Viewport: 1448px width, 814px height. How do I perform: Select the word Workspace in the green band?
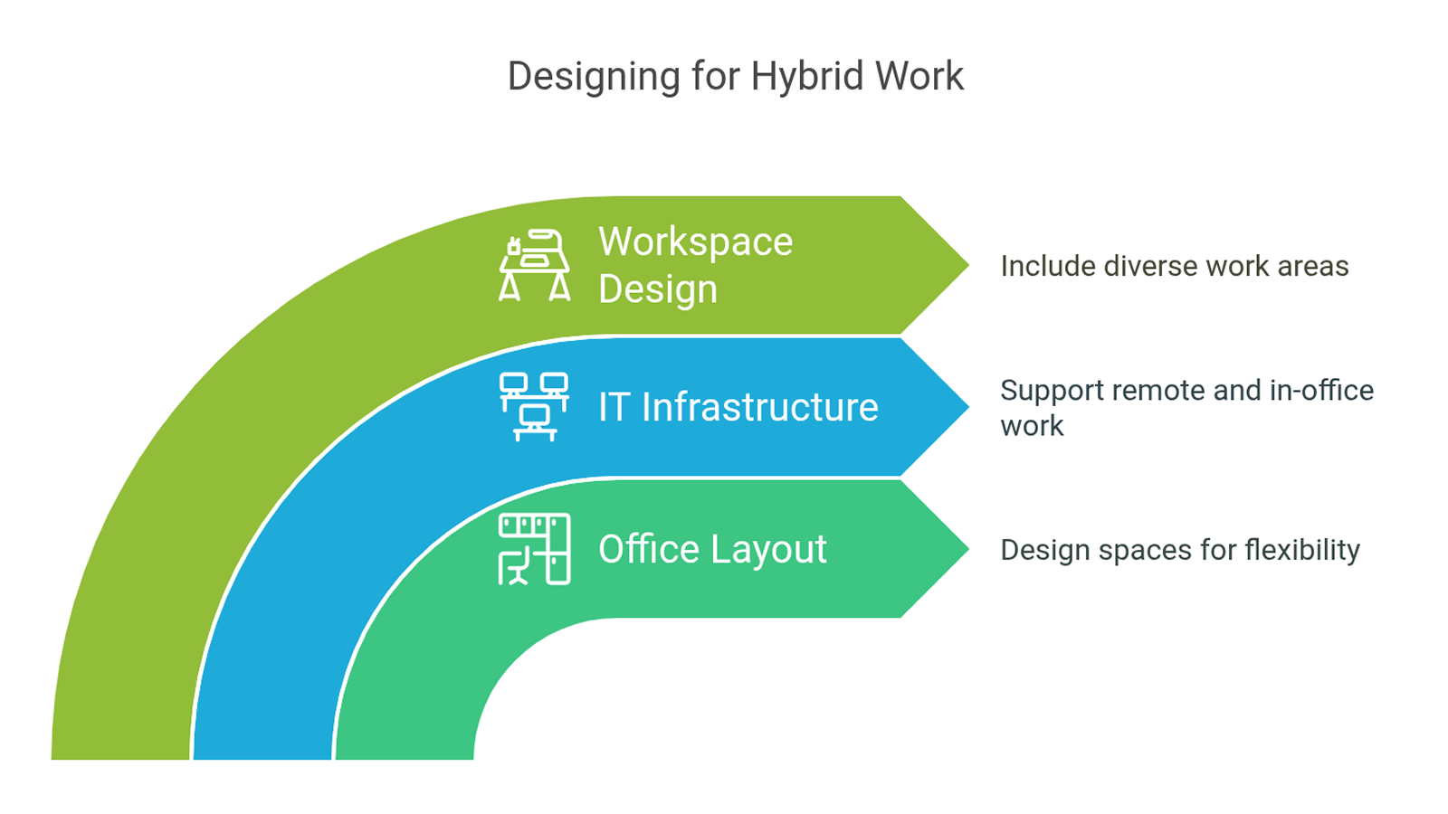point(696,243)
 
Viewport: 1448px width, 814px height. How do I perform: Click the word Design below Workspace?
point(658,289)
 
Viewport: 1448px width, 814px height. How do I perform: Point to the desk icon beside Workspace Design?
point(535,265)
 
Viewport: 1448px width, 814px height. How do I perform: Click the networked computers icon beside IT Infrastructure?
point(535,407)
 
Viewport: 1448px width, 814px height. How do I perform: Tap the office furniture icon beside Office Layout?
point(535,549)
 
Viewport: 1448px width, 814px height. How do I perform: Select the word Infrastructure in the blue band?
point(759,407)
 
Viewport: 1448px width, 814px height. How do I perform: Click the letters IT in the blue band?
point(614,408)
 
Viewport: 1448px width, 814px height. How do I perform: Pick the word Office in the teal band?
point(649,549)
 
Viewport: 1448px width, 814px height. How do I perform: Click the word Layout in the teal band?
point(770,551)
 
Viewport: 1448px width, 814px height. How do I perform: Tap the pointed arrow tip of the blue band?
point(969,407)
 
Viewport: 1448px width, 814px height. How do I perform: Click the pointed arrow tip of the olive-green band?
point(969,265)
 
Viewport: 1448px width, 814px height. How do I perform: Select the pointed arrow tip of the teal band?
point(969,549)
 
